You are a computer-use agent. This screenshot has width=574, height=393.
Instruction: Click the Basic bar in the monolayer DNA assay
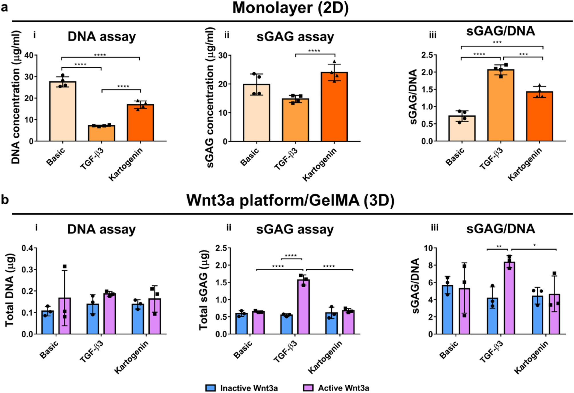(63, 111)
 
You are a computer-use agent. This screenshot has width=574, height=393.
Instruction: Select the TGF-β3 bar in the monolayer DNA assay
(101, 133)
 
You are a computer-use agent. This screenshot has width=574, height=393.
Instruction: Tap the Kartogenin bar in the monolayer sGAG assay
(334, 107)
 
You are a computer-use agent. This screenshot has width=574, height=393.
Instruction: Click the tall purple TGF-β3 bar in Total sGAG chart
(303, 307)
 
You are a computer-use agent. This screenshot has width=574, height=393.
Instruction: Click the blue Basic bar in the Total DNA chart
(47, 322)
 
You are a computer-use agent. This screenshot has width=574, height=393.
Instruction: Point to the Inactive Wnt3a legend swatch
(211, 388)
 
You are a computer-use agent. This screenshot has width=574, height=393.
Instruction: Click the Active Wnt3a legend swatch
(308, 388)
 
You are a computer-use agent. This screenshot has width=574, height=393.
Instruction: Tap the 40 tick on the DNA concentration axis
(29, 55)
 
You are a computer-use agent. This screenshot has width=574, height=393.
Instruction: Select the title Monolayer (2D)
(290, 8)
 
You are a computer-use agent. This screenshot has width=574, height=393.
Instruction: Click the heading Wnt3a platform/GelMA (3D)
(290, 200)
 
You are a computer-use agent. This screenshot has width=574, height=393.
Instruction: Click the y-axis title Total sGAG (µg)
(203, 290)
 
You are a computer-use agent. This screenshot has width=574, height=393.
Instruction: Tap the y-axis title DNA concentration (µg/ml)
(16, 97)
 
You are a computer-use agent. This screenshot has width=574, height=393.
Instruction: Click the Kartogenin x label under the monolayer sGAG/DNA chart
(525, 165)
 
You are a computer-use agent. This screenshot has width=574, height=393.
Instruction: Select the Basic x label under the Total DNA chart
(49, 350)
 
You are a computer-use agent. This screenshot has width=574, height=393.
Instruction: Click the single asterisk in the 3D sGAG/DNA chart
(535, 245)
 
